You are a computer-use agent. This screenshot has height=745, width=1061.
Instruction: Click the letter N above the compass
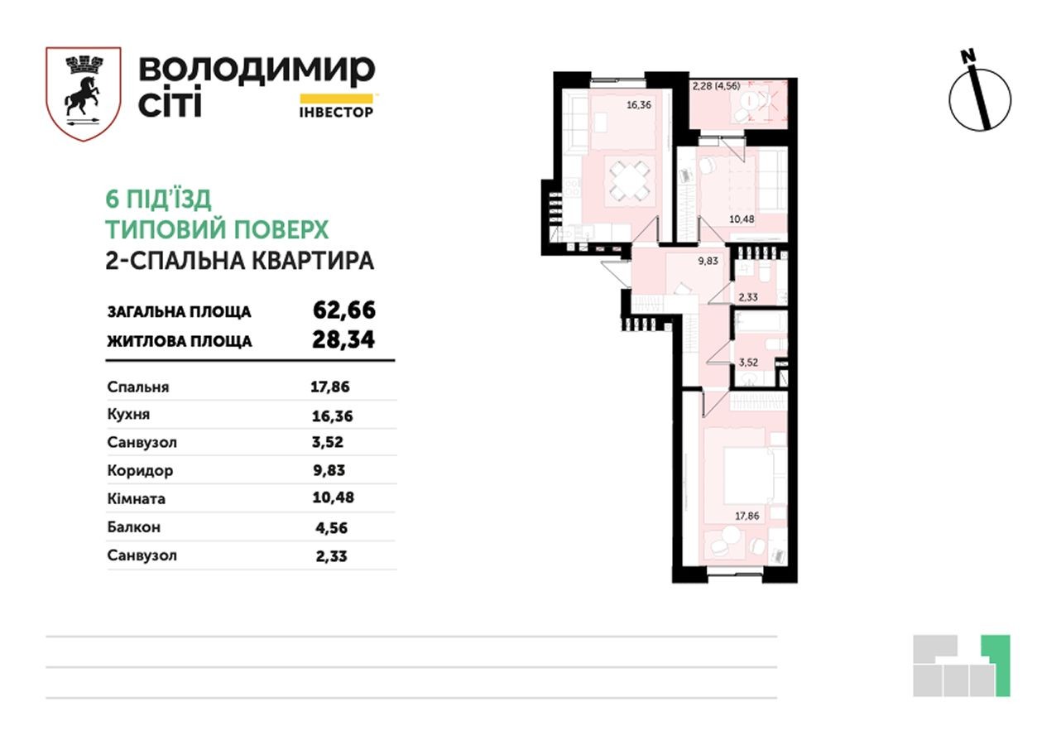tap(967, 56)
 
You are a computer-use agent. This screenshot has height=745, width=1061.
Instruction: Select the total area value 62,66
tap(344, 310)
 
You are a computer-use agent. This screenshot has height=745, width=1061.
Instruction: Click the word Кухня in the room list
tap(128, 415)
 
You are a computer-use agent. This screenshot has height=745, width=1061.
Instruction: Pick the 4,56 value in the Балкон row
tap(330, 527)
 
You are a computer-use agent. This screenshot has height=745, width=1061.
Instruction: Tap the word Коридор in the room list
tap(140, 471)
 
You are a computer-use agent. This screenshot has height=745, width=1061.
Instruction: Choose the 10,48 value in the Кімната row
tap(334, 499)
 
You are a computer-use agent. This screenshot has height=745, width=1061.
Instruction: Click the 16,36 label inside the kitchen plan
tap(639, 105)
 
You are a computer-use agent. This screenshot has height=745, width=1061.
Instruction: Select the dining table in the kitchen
tap(631, 183)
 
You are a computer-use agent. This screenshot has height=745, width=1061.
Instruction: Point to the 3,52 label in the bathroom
tap(748, 361)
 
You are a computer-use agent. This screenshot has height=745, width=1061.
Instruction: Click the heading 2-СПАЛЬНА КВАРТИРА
tap(240, 261)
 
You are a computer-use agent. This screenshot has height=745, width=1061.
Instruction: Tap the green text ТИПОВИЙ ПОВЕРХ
tap(218, 229)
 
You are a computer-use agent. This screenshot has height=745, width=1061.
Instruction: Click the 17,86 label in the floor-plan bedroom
tap(748, 515)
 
